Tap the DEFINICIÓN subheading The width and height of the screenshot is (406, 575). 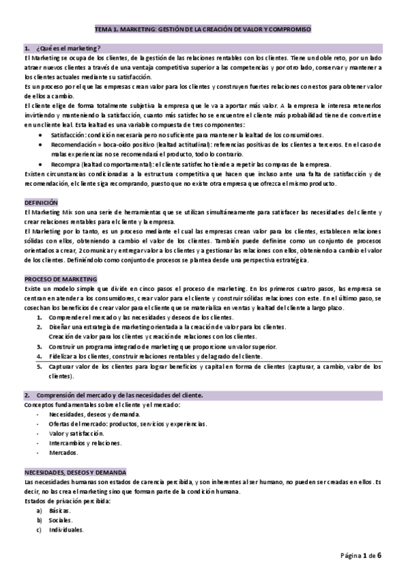(41, 203)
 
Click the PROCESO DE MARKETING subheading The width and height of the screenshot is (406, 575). (60, 279)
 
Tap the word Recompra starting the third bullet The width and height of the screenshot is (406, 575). (63, 165)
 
